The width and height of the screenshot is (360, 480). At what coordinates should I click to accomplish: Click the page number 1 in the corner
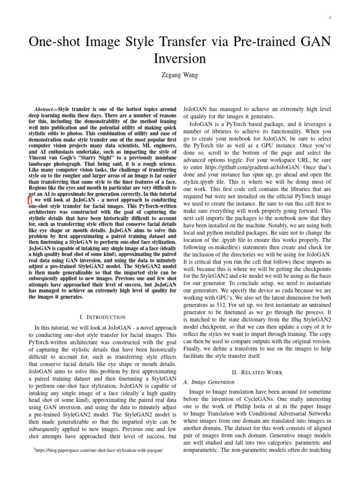pyautogui.click(x=331, y=18)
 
